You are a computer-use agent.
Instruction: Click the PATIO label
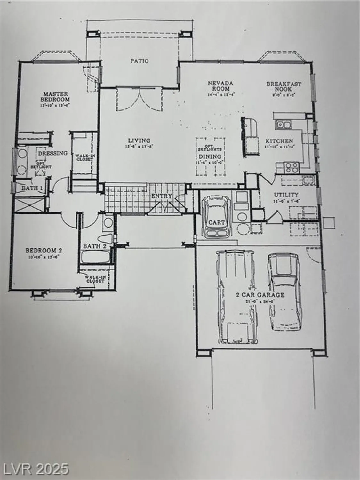click(140, 61)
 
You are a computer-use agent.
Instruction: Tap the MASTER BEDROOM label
click(56, 97)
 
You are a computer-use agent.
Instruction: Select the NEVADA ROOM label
click(220, 86)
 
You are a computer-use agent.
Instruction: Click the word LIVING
click(139, 140)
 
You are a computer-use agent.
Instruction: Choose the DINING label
click(210, 156)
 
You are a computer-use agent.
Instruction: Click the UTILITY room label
click(286, 195)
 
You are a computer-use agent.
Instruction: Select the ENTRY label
click(162, 196)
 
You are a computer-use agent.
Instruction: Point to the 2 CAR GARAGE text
click(260, 295)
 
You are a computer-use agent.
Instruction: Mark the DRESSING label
click(53, 153)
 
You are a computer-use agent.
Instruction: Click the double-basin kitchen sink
click(283, 124)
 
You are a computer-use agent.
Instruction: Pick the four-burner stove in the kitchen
click(292, 167)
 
